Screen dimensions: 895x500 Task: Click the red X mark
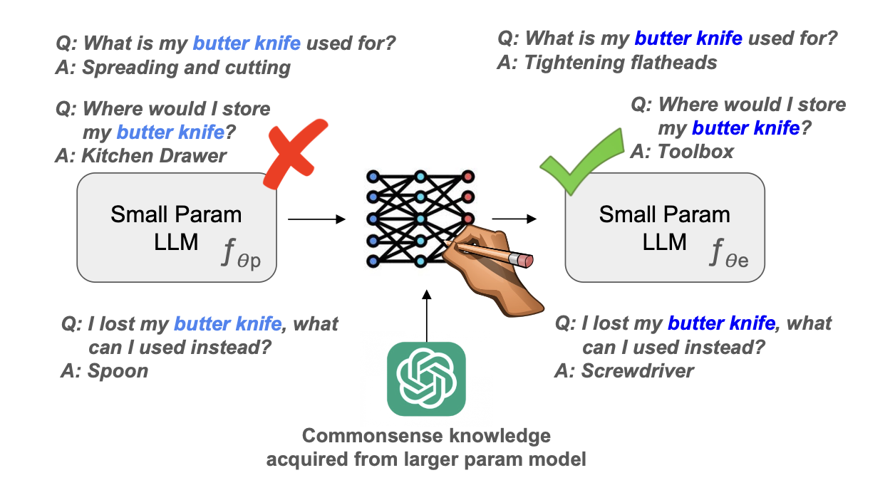click(295, 154)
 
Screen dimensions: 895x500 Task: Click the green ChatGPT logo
click(426, 379)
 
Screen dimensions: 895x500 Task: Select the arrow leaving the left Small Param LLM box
click(316, 219)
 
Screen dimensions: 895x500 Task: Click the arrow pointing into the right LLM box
click(514, 219)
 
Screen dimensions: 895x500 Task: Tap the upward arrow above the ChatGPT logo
click(427, 316)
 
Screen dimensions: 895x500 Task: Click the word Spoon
click(118, 371)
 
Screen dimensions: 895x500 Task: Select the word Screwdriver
click(637, 370)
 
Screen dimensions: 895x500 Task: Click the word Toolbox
click(695, 152)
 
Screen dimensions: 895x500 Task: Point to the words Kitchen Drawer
click(154, 156)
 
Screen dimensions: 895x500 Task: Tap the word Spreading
click(130, 68)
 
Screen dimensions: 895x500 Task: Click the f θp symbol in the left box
click(242, 252)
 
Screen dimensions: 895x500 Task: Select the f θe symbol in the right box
click(729, 252)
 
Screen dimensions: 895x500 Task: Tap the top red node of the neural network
click(468, 177)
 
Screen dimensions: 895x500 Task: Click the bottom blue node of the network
click(373, 261)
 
